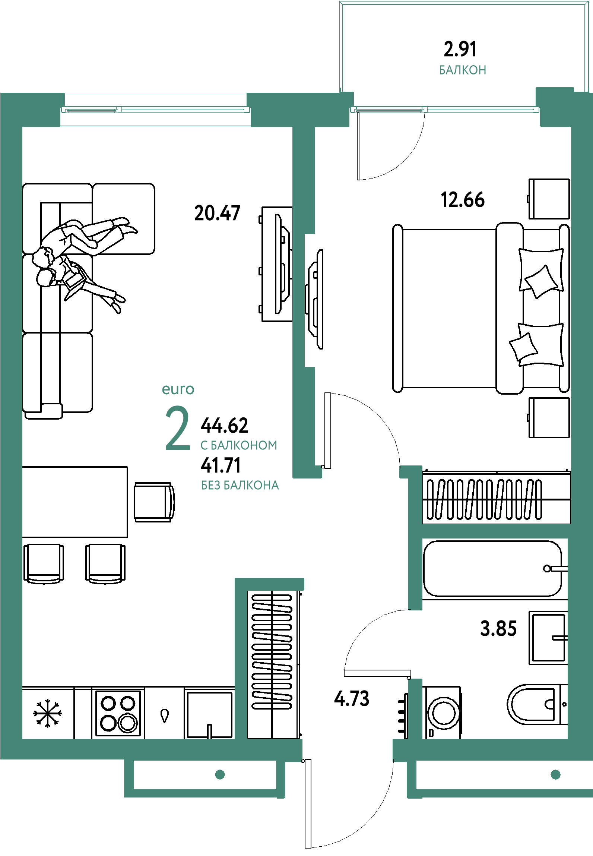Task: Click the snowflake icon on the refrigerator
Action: pos(47,713)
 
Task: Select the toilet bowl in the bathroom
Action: pos(536,704)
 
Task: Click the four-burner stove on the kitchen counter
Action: pos(118,713)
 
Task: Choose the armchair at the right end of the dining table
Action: pos(154,502)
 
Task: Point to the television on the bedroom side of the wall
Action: pos(314,299)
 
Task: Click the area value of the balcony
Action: pos(460,49)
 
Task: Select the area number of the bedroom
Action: pos(463,199)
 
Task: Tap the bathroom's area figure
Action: pos(498,628)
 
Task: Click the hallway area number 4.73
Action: pos(352,698)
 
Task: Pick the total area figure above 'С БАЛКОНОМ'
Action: pos(224,425)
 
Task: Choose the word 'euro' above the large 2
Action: pos(178,389)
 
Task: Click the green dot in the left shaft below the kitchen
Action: pos(220,774)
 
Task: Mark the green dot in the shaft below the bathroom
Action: pos(556,774)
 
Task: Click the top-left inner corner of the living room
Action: pos(22,127)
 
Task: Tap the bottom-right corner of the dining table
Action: pos(128,537)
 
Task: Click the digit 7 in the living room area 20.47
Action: pos(235,213)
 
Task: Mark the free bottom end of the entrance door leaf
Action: pos(308,848)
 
